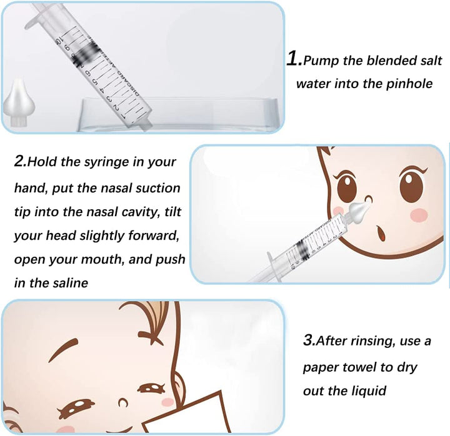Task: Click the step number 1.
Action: [x=294, y=59]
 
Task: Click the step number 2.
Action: [x=20, y=161]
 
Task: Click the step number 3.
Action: [x=308, y=341]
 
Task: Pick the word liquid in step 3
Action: [x=367, y=390]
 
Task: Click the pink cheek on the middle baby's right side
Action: [x=417, y=214]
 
